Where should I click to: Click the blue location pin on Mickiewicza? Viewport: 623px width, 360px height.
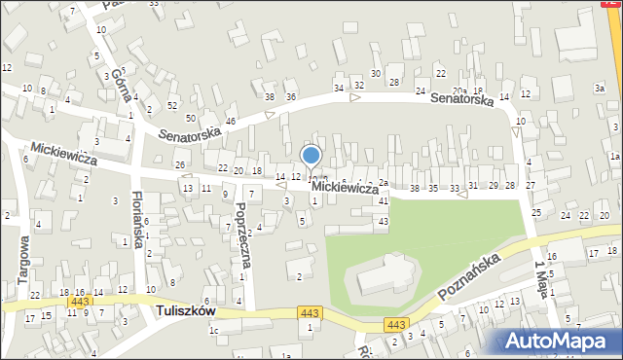click(311, 156)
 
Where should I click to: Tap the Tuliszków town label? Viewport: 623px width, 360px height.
click(186, 311)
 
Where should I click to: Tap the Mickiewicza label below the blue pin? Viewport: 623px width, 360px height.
click(346, 187)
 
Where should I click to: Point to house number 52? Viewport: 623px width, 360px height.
click(172, 105)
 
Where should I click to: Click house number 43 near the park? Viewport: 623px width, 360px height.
click(384, 222)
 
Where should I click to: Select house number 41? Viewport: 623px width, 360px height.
click(384, 200)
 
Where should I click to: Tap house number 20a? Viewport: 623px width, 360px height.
click(458, 91)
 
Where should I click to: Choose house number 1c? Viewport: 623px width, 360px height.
click(213, 331)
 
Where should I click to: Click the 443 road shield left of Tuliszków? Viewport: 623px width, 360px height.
click(75, 304)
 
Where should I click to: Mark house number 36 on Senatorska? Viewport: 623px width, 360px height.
click(290, 97)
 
